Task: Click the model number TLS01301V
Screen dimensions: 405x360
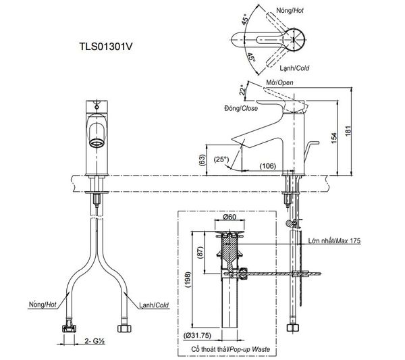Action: (106, 47)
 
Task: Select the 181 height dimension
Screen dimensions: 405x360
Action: (348, 131)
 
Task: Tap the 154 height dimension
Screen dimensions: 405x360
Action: (333, 138)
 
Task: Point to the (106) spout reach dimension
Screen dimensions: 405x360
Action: (267, 166)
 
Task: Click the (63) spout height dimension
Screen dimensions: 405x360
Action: (202, 160)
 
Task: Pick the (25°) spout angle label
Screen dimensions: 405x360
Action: (221, 159)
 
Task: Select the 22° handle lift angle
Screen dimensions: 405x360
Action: (242, 90)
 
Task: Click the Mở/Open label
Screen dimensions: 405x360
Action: (279, 82)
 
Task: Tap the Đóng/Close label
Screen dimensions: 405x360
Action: (241, 108)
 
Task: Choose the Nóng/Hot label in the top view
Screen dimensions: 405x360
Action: (290, 10)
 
